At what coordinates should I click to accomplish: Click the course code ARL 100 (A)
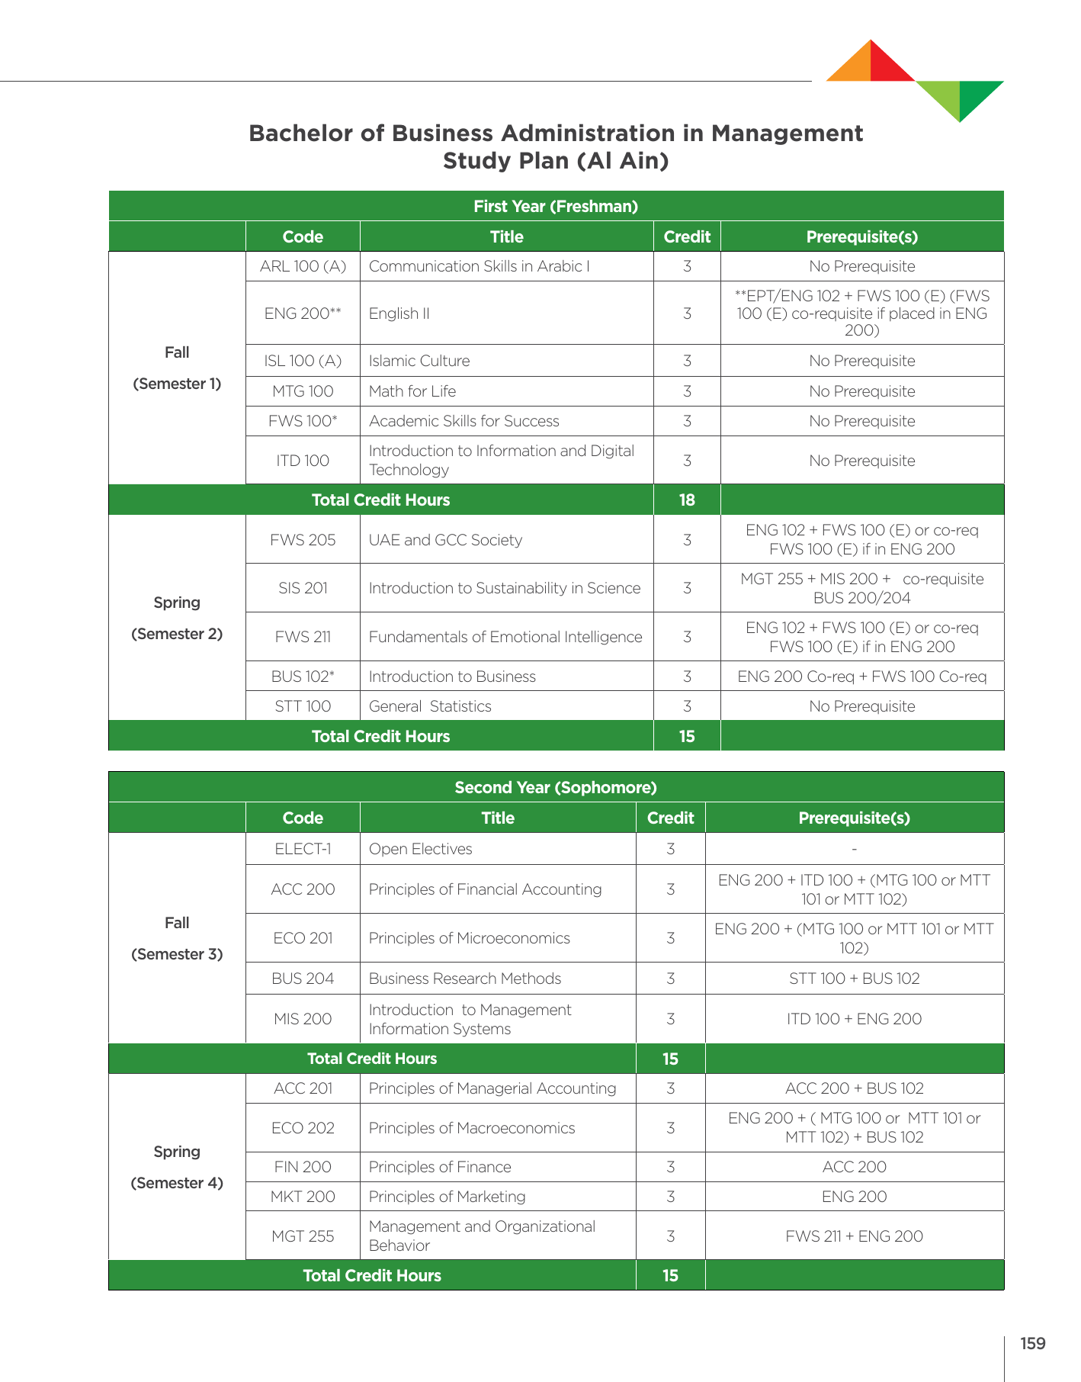303,266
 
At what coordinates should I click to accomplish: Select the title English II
399,313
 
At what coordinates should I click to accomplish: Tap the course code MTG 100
303,391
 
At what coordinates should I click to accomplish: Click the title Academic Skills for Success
464,421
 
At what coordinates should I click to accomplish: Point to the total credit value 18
687,500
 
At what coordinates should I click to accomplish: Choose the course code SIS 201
303,588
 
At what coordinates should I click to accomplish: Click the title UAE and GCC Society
445,540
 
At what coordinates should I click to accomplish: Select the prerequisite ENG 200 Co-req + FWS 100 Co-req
861,677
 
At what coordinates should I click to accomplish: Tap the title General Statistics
430,706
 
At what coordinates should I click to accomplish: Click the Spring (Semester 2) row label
177,618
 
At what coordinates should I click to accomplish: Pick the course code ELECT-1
303,849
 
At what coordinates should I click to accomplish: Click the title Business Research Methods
464,979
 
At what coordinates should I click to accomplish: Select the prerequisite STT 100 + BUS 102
854,979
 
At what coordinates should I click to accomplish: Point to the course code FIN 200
303,1167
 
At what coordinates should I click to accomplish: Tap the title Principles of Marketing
447,1197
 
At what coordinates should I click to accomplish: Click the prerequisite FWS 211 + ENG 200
854,1236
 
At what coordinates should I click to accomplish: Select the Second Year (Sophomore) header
556,787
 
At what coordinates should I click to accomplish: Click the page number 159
1033,1344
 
